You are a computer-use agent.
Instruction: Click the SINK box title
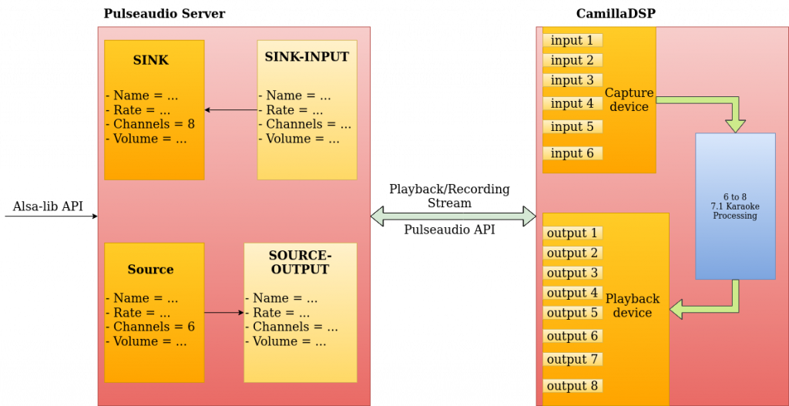pyautogui.click(x=150, y=60)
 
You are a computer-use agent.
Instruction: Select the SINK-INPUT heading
pyautogui.click(x=307, y=57)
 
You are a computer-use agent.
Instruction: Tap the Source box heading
pyautogui.click(x=150, y=270)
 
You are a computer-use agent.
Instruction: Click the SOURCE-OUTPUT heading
pyautogui.click(x=300, y=263)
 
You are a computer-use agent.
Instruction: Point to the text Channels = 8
pyautogui.click(x=150, y=124)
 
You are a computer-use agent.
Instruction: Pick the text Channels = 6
pyautogui.click(x=150, y=327)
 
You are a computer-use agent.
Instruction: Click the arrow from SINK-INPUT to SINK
pyautogui.click(x=231, y=110)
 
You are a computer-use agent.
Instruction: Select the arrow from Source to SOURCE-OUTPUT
pyautogui.click(x=224, y=313)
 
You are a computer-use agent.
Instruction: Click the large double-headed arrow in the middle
pyautogui.click(x=453, y=216)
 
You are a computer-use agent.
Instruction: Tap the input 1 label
pyautogui.click(x=572, y=40)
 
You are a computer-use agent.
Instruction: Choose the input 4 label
pyautogui.click(x=572, y=103)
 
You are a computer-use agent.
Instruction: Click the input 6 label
pyautogui.click(x=572, y=153)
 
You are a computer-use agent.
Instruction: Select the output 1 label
pyautogui.click(x=572, y=233)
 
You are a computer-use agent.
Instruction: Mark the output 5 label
pyautogui.click(x=572, y=313)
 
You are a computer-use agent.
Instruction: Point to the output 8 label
pyautogui.click(x=572, y=386)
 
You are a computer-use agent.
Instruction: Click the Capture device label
pyautogui.click(x=629, y=99)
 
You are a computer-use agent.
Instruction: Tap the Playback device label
pyautogui.click(x=633, y=305)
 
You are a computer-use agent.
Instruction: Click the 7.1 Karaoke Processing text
pyautogui.click(x=735, y=206)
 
